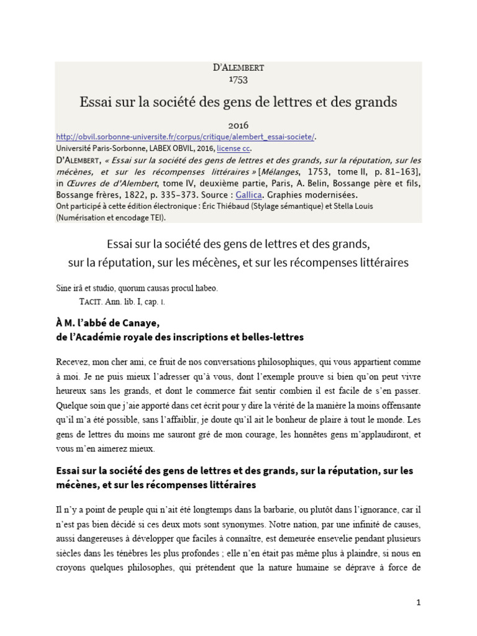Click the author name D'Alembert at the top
click(238, 68)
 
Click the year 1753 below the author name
click(238, 79)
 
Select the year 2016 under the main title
click(238, 125)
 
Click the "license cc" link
click(233, 149)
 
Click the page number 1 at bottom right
click(419, 602)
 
